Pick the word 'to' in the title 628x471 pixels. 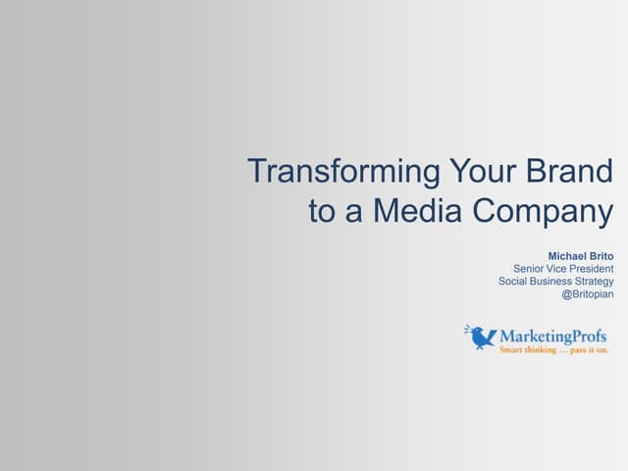click(x=322, y=212)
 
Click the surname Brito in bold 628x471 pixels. click(x=602, y=255)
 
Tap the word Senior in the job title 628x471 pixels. click(x=531, y=269)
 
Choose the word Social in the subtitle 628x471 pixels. click(x=515, y=282)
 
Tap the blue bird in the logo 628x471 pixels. click(x=481, y=338)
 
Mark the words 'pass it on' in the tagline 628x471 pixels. click(x=590, y=349)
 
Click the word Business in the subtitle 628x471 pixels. click(x=553, y=282)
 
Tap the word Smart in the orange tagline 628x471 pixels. click(x=511, y=349)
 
